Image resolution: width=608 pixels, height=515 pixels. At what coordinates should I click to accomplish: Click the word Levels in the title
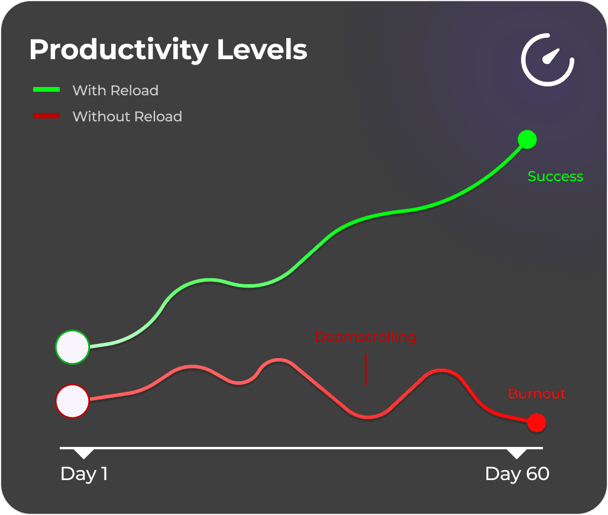262,50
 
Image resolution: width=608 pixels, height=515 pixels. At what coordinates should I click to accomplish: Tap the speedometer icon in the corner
547,60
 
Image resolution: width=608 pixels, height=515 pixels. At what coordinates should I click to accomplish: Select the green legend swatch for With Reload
47,90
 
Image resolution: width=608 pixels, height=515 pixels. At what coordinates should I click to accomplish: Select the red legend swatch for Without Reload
47,116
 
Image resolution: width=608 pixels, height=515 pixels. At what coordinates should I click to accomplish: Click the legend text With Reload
115,91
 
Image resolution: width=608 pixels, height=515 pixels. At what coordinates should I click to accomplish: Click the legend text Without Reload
127,117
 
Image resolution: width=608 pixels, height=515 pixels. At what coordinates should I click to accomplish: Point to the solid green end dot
526,140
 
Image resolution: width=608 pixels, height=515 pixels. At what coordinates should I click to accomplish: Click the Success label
555,176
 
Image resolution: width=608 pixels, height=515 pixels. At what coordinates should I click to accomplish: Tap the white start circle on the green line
72,346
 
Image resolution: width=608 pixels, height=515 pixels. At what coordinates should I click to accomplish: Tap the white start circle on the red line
72,401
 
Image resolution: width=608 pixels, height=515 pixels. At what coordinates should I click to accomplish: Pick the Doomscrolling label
365,337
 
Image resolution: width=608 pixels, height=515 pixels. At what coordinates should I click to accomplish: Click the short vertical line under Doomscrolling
366,369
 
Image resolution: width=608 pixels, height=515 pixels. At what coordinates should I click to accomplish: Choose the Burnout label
536,394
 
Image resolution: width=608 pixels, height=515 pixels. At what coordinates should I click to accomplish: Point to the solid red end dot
536,423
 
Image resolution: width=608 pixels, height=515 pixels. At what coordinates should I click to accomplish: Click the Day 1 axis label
84,474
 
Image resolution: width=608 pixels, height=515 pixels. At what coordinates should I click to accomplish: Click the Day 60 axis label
516,474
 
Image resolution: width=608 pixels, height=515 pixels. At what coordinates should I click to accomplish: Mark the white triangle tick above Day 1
84,453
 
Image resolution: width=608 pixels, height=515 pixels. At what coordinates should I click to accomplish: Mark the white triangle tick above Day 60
517,453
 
